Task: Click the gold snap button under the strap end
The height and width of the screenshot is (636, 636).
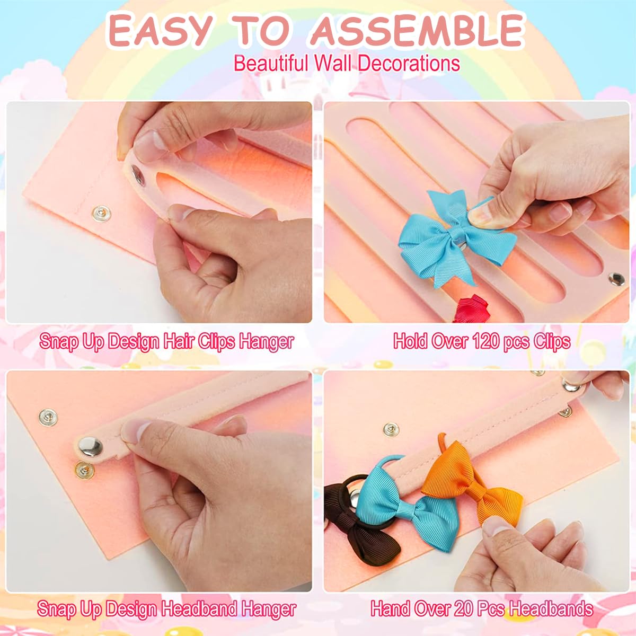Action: pos(82,469)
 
